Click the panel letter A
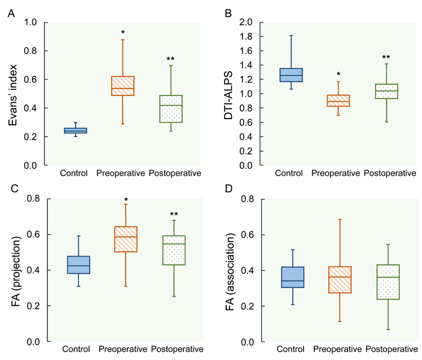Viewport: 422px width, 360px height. coord(11,13)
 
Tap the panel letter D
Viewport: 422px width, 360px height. coord(228,188)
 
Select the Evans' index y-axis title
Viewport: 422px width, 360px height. coord(12,95)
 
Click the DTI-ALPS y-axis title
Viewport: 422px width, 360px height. coord(228,95)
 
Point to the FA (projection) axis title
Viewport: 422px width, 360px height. coord(16,271)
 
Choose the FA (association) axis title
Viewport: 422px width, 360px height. coord(230,272)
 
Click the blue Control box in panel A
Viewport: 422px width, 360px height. coord(76,130)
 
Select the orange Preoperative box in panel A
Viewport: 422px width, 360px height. coord(123,86)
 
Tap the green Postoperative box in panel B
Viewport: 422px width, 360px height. coord(386,91)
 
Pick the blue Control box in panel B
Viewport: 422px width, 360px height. coord(291,75)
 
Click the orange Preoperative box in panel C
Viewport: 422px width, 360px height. coord(126,239)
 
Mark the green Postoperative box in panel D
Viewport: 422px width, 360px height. coord(388,282)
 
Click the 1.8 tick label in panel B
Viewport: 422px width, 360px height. coord(246,36)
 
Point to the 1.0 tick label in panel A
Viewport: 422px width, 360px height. coord(30,22)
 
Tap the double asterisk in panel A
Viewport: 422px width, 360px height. coord(170,59)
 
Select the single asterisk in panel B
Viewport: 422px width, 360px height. coord(339,74)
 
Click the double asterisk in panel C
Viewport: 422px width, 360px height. coord(174,214)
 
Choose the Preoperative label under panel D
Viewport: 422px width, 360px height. coord(337,349)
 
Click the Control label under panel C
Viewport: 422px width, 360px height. coord(76,349)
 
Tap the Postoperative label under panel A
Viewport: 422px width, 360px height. coord(175,173)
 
